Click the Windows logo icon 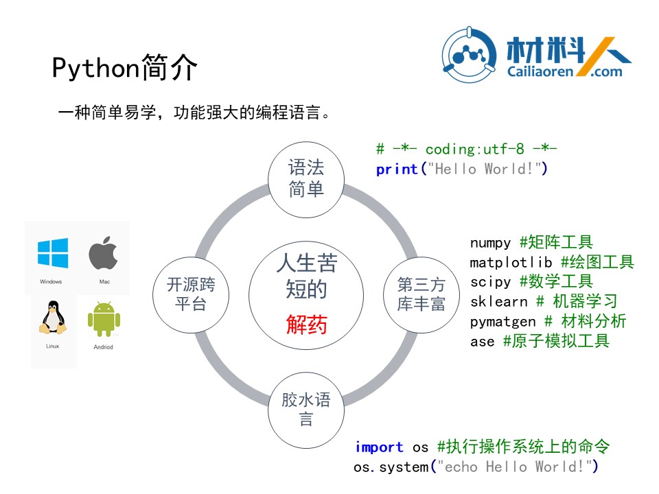(53, 253)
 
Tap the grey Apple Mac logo (104, 252)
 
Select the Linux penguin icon (53, 318)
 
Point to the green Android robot (104, 319)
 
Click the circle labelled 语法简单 (306, 180)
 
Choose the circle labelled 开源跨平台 (191, 295)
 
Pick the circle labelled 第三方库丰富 (421, 295)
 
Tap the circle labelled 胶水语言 (306, 410)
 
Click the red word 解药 (306, 325)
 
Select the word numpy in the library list (490, 243)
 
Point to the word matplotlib (511, 263)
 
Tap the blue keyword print (397, 169)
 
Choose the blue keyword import (379, 447)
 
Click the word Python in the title (95, 68)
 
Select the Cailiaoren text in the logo (540, 71)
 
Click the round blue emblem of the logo (469, 55)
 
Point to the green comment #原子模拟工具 (556, 341)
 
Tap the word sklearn (498, 302)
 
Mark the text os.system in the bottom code (391, 467)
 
